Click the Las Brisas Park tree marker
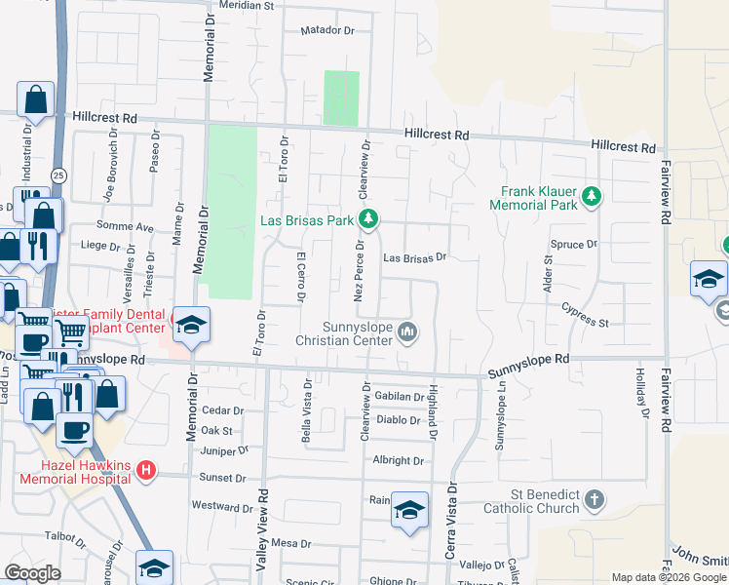click(368, 219)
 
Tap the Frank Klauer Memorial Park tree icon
click(591, 198)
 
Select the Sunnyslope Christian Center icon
click(407, 334)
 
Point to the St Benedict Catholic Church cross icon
click(594, 502)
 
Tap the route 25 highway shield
click(59, 175)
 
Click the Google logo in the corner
click(32, 573)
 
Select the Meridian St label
click(246, 6)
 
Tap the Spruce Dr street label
click(573, 245)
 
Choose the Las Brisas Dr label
click(414, 258)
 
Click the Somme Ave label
click(132, 227)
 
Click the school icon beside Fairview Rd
click(710, 279)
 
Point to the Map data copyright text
click(669, 577)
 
